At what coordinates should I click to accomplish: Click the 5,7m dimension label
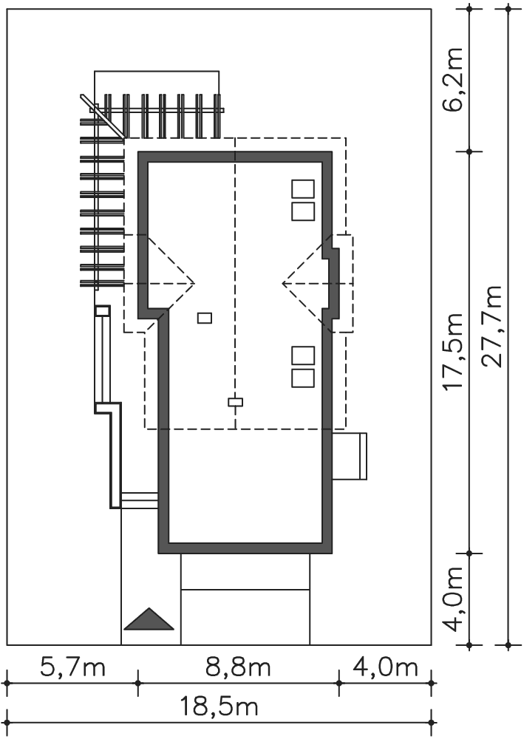click(72, 667)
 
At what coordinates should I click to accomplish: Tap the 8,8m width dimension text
click(238, 667)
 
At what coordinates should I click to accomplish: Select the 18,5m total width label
click(219, 707)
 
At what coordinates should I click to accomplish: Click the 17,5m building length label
click(453, 350)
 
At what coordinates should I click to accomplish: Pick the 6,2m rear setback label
click(453, 78)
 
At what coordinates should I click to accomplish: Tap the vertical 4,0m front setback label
click(453, 599)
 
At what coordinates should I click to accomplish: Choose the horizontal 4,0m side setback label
click(386, 667)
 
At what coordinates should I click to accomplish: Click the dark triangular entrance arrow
click(149, 619)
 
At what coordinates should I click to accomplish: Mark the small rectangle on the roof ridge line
click(235, 402)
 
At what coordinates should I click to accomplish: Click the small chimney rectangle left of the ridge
click(205, 318)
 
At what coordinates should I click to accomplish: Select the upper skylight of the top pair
click(303, 188)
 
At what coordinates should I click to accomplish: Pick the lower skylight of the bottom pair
click(303, 378)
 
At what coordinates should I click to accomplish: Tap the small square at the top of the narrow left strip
click(102, 310)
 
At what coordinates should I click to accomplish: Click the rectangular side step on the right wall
click(349, 456)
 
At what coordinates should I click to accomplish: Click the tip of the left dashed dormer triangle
click(194, 283)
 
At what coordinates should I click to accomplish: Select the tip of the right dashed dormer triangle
click(282, 283)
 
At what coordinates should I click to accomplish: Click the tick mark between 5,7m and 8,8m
click(137, 682)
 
